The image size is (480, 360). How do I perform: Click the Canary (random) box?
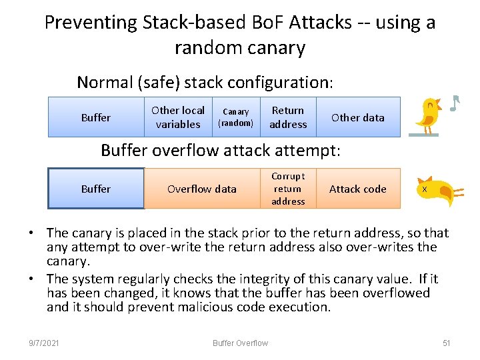pos(235,117)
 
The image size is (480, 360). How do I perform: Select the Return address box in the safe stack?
pos(288,117)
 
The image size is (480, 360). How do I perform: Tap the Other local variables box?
pos(178,117)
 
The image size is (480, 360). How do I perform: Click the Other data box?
pos(358,117)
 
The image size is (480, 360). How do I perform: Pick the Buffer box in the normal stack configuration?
pos(95,117)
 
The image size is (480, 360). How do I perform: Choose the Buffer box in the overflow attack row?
pos(96,189)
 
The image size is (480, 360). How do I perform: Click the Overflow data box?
pos(202,189)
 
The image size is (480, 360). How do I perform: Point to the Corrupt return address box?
pos(288,189)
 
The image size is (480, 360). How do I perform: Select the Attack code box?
pos(358,189)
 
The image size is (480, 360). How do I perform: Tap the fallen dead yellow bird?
pos(437,191)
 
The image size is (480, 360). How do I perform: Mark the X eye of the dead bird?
pos(424,189)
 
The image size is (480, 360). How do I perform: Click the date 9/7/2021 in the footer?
pos(44,343)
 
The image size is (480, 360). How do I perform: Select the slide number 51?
pos(447,343)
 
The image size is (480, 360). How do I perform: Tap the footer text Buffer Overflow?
pos(240,343)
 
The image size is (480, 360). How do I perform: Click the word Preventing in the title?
pos(90,23)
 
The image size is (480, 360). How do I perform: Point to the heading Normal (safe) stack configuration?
pos(205,83)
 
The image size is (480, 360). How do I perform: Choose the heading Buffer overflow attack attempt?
pos(220,151)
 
